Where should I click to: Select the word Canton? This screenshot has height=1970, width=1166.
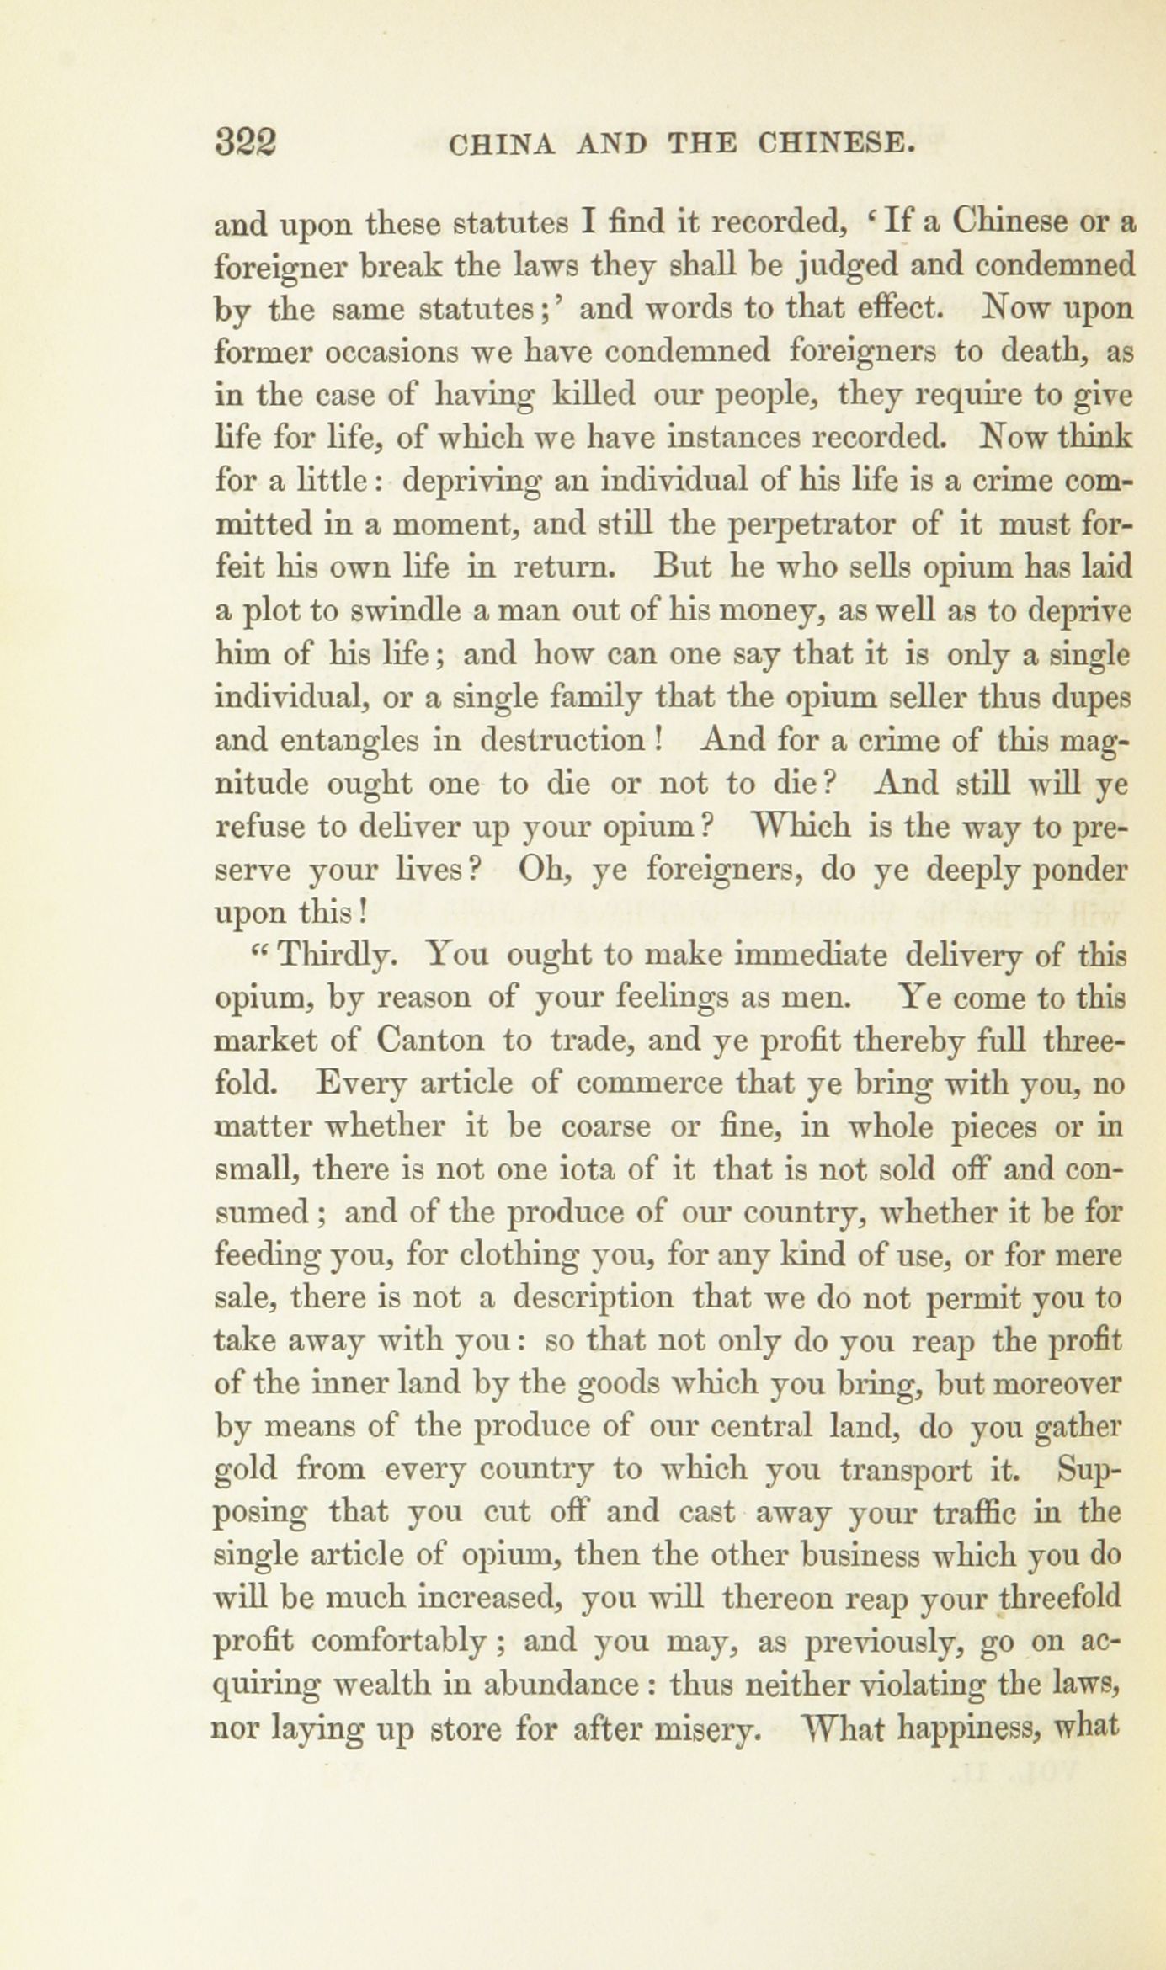coord(431,1041)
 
